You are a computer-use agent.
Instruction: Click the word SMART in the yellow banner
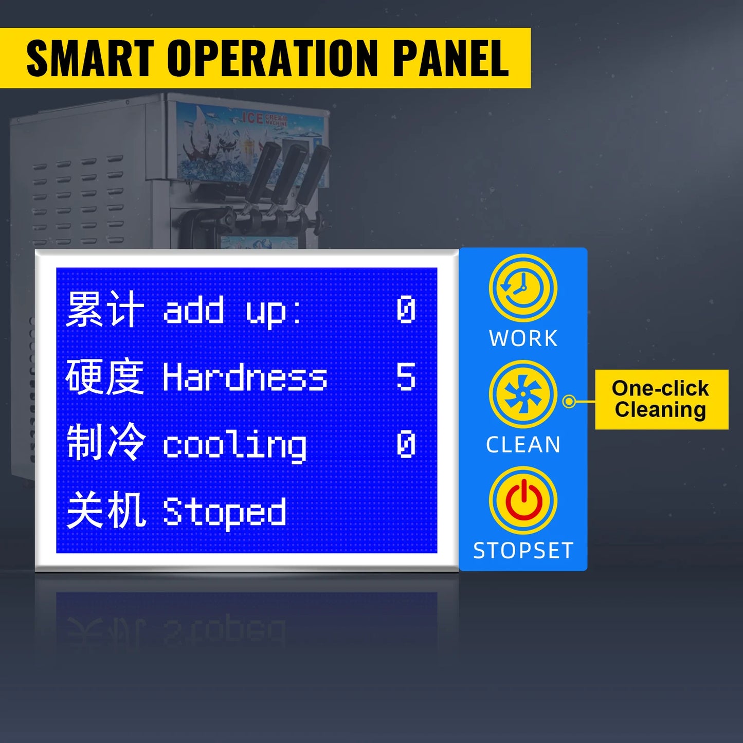pyautogui.click(x=90, y=58)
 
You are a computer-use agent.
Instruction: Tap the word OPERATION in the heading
pyautogui.click(x=273, y=58)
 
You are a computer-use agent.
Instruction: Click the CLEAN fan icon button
pyautogui.click(x=523, y=394)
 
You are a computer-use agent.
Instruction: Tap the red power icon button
pyautogui.click(x=523, y=500)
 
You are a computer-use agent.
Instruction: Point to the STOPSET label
pyautogui.click(x=523, y=550)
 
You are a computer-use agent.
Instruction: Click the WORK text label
pyautogui.click(x=523, y=338)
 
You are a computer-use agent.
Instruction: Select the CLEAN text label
pyautogui.click(x=523, y=444)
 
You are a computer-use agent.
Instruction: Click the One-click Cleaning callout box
pyautogui.click(x=662, y=399)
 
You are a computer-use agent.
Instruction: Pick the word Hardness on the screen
pyautogui.click(x=245, y=377)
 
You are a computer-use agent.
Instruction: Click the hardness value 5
pyautogui.click(x=406, y=376)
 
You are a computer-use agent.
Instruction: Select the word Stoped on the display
pyautogui.click(x=224, y=513)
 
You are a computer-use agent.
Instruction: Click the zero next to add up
pyautogui.click(x=406, y=309)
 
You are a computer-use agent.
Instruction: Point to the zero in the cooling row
pyautogui.click(x=406, y=444)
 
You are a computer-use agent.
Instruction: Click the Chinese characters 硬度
pyautogui.click(x=105, y=377)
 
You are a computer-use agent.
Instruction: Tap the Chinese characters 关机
pyautogui.click(x=106, y=511)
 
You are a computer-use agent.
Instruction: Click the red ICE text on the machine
pyautogui.click(x=252, y=118)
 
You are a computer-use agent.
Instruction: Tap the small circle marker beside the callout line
pyautogui.click(x=569, y=402)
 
